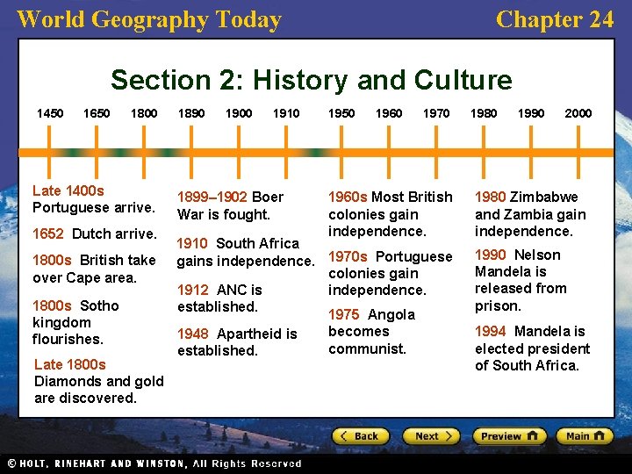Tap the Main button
click(584, 435)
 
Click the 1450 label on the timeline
click(50, 113)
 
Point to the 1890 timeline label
click(191, 113)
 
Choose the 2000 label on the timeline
click(578, 113)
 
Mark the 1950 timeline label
click(341, 113)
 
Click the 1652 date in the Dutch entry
click(48, 233)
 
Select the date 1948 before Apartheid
click(193, 334)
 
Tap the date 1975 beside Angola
click(344, 314)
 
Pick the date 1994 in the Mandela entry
click(491, 331)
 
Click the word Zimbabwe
click(543, 197)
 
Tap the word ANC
click(232, 290)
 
